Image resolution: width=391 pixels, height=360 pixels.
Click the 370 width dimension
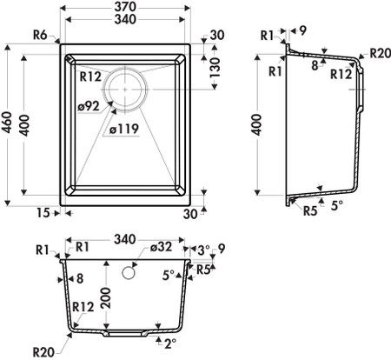[125, 7]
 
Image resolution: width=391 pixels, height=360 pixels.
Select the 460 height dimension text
[7, 123]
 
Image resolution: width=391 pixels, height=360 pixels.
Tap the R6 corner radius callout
[40, 36]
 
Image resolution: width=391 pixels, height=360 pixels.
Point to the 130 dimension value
[215, 67]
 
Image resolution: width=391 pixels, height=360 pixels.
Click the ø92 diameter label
[89, 106]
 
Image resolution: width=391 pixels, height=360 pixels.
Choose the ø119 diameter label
[124, 130]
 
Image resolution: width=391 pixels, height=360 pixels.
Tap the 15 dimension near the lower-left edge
[43, 213]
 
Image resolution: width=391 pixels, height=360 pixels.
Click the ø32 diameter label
[162, 247]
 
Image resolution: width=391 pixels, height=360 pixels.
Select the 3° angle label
[203, 249]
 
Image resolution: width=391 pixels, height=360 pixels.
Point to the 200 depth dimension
[106, 298]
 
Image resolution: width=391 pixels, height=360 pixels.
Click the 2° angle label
[170, 343]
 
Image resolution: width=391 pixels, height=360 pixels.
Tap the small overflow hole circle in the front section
[129, 272]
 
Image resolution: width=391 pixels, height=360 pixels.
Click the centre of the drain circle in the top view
[125, 90]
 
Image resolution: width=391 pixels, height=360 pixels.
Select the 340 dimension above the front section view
[125, 239]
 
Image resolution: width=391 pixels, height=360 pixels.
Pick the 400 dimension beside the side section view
[256, 125]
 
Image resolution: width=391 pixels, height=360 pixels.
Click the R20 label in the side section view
[381, 53]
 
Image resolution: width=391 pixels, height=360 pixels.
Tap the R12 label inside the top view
[90, 77]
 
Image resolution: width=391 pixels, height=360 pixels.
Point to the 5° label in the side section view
[337, 205]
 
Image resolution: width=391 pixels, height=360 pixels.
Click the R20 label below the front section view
[43, 352]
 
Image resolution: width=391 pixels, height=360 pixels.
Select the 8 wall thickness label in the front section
[80, 279]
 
